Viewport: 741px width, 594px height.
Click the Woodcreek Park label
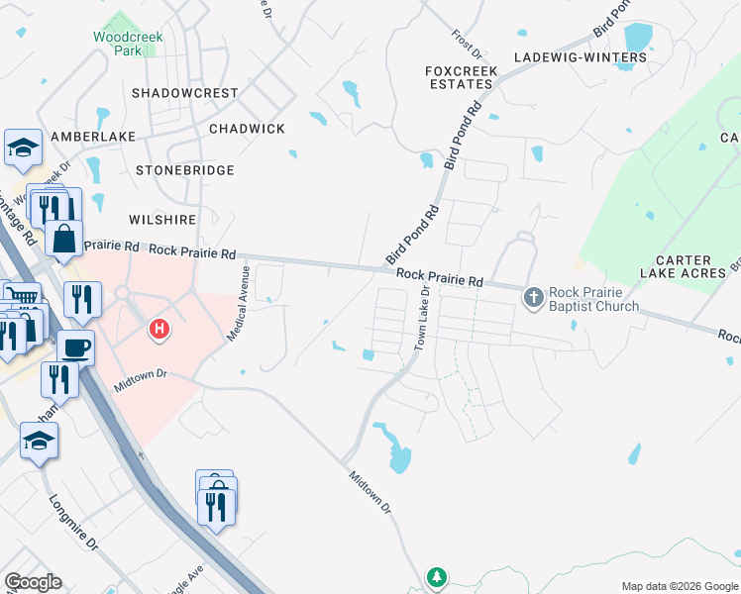[121, 43]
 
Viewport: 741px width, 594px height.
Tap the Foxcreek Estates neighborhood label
[459, 78]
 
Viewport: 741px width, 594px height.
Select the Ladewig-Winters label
[580, 57]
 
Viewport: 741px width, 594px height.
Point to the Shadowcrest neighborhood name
[185, 93]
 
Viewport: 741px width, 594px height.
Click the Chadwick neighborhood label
[247, 130]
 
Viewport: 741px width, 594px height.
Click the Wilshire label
[161, 219]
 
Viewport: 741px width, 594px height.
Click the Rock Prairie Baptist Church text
[594, 299]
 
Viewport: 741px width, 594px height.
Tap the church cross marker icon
[534, 297]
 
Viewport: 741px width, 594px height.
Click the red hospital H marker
[158, 329]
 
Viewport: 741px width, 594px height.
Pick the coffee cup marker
[75, 347]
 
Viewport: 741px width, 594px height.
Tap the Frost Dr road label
[465, 43]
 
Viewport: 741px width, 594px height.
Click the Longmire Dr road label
[73, 523]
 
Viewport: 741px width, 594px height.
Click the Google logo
[33, 582]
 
